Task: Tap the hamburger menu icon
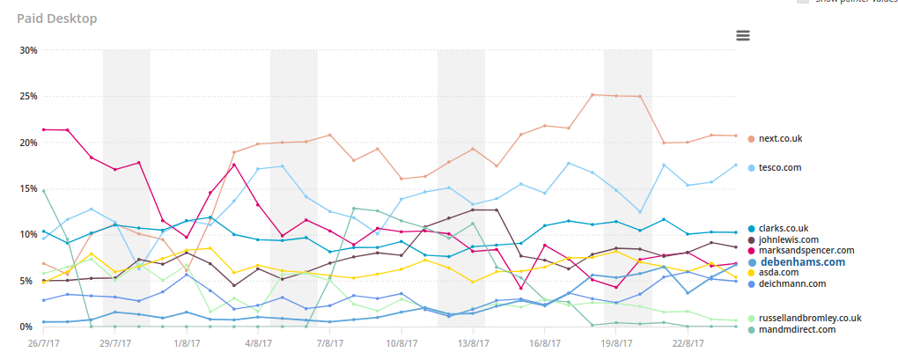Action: [743, 35]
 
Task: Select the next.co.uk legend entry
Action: [780, 138]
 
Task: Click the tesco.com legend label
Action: [780, 167]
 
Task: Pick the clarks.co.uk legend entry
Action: [783, 228]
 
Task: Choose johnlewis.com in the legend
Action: [789, 239]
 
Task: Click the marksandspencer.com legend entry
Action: [806, 250]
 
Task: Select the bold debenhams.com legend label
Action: [802, 261]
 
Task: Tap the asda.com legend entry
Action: [778, 273]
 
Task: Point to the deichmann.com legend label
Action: [792, 283]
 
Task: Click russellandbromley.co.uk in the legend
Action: [809, 318]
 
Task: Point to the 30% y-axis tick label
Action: [27, 50]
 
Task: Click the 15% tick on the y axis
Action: [27, 188]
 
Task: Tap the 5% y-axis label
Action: [30, 281]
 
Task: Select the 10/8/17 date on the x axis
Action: [401, 344]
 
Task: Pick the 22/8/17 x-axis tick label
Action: [688, 344]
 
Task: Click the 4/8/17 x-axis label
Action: [258, 344]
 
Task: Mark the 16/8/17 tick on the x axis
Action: [545, 344]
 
